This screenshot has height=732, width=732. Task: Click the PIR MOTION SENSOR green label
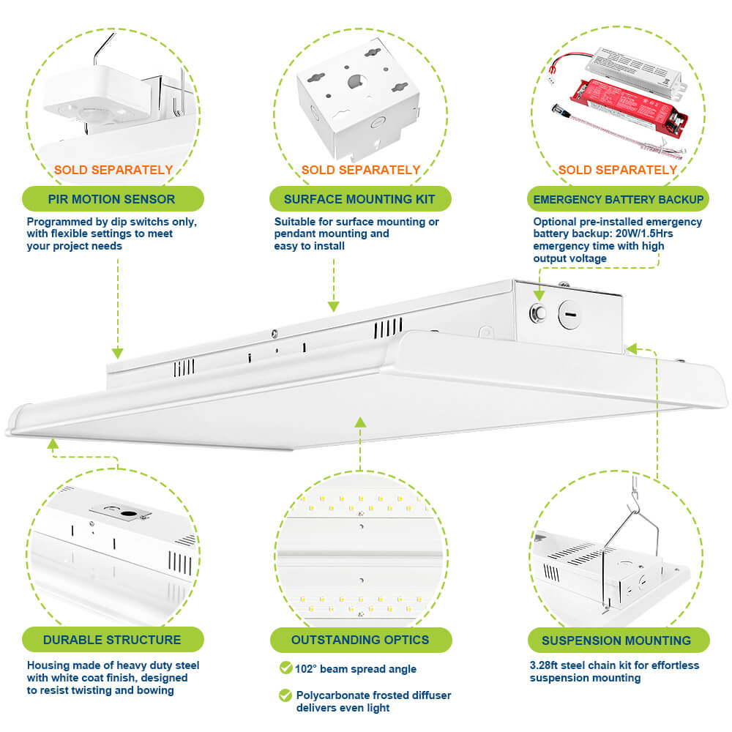point(112,199)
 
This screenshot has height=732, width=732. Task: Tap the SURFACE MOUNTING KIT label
point(359,199)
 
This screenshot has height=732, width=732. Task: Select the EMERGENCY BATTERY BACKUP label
point(619,199)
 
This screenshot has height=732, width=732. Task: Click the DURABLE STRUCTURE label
point(112,640)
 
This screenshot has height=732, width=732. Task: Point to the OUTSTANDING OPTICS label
point(359,640)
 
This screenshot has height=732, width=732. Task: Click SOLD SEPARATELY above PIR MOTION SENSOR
point(113,170)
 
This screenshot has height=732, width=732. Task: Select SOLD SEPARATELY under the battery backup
point(618,170)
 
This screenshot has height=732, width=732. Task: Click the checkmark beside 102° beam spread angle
point(285,668)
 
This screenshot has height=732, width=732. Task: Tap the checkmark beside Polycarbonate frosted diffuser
point(285,695)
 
